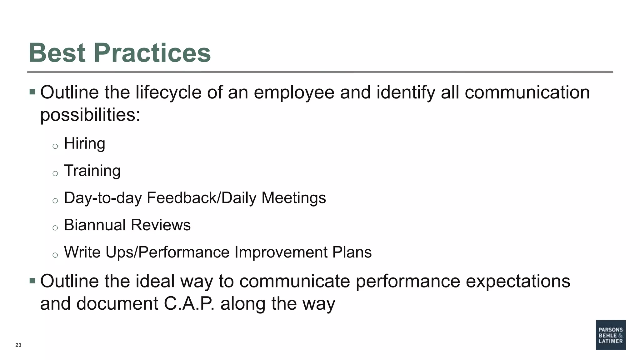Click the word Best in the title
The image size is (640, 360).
point(57,52)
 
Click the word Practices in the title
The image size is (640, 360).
point(152,52)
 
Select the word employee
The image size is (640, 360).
point(294,93)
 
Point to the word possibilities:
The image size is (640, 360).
point(90,115)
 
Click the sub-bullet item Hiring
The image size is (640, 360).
point(84,144)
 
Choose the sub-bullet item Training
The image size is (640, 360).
point(92,171)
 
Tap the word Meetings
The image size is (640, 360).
point(293,198)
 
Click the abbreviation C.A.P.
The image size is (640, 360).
point(189,303)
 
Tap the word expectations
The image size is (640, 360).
point(518,281)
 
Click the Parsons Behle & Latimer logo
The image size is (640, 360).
point(610,335)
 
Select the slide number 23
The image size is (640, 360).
point(18,345)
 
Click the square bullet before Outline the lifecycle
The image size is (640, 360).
point(32,92)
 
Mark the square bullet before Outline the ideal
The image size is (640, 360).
point(32,281)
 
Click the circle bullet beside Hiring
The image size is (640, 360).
point(55,146)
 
